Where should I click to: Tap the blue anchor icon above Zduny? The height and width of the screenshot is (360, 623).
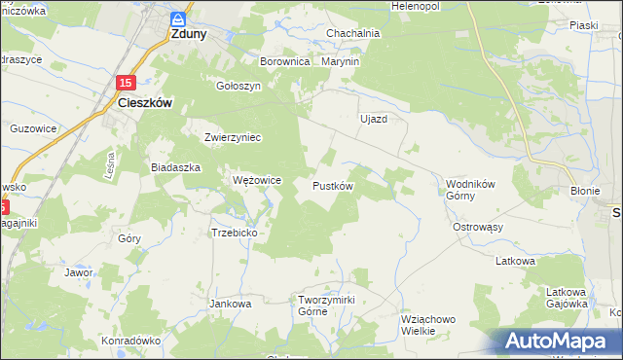[x=177, y=18]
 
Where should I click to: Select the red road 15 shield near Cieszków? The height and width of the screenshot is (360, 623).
[x=127, y=85]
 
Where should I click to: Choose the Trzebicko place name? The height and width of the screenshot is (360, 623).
[x=234, y=233]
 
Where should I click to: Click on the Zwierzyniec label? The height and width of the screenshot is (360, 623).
[x=233, y=137]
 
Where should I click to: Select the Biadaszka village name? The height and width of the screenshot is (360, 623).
[x=175, y=167]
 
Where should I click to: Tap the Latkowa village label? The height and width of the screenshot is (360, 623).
[x=516, y=261]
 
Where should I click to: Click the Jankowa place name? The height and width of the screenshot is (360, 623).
[x=231, y=304]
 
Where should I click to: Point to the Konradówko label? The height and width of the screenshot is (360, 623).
[x=130, y=342]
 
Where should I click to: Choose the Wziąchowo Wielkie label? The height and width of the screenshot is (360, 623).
[x=428, y=324]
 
